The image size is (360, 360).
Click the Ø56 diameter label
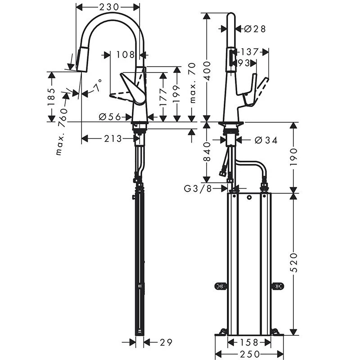[109, 117]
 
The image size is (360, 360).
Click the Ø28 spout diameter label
[254, 29]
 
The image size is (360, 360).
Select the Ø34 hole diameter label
[265, 140]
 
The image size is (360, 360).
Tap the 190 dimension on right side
[293, 157]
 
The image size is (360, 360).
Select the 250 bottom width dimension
[249, 353]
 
